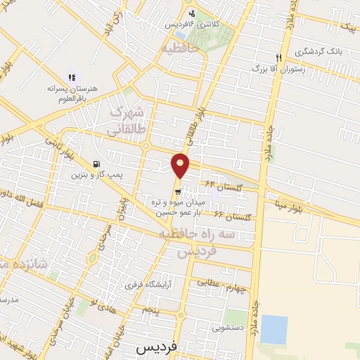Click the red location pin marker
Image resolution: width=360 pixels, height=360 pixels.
click(x=181, y=166)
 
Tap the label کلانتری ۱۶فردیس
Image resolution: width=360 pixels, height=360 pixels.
click(x=192, y=24)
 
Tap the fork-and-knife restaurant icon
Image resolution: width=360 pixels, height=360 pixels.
click(x=278, y=58)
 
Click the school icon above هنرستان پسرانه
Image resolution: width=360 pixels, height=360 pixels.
click(x=70, y=77)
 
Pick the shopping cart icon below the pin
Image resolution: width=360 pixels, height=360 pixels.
click(x=178, y=190)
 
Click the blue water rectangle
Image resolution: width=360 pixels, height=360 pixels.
click(x=274, y=329)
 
